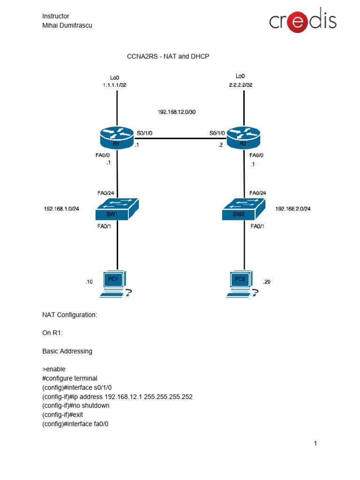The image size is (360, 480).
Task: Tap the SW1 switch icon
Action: click(x=117, y=210)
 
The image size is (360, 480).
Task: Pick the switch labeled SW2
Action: click(x=243, y=210)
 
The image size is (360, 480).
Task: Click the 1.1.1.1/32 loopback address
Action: click(x=115, y=85)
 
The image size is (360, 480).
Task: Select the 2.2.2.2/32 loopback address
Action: click(x=241, y=85)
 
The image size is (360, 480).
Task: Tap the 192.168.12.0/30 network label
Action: click(x=176, y=112)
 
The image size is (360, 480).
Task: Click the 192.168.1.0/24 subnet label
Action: click(x=61, y=209)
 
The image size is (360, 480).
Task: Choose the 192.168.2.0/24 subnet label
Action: click(x=293, y=209)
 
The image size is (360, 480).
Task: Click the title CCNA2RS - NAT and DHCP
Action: click(x=168, y=56)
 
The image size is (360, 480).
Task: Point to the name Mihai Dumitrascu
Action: click(x=67, y=25)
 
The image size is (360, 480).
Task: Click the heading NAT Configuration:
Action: click(x=69, y=315)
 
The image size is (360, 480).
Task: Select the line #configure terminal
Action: click(x=69, y=378)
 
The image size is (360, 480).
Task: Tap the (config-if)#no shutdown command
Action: click(x=75, y=405)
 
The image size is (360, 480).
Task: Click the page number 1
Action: click(x=316, y=443)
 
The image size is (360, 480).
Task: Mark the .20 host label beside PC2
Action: click(x=267, y=281)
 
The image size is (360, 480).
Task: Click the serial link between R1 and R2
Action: click(x=180, y=139)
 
